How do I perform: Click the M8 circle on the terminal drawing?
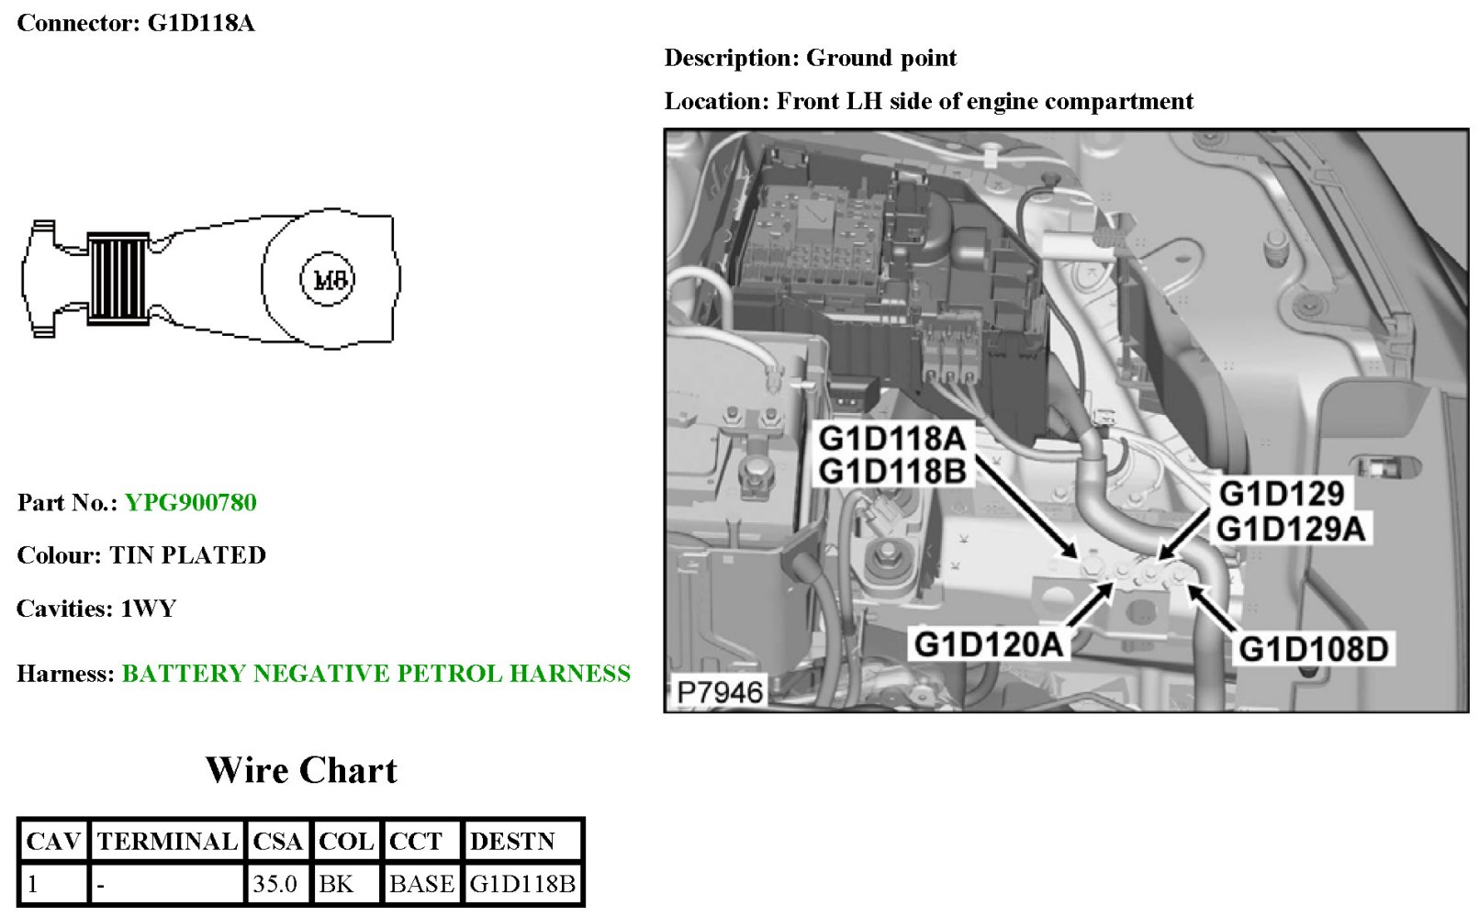[329, 279]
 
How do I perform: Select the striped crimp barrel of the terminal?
[118, 279]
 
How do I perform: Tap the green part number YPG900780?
[191, 503]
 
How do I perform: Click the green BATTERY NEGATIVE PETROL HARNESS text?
[376, 674]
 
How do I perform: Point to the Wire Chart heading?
[301, 770]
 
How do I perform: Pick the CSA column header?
[277, 842]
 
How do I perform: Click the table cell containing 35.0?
[275, 885]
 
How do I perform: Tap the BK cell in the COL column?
[336, 885]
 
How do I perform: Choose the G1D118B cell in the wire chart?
[522, 885]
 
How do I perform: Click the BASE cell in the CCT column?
[421, 885]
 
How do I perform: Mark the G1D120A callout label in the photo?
[989, 644]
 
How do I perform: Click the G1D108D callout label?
[1313, 650]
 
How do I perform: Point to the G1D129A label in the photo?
[1291, 530]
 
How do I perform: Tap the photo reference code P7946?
[719, 692]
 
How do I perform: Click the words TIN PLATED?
[188, 556]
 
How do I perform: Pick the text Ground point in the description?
[881, 59]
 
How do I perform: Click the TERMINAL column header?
[167, 842]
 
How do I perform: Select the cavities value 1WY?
[149, 609]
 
